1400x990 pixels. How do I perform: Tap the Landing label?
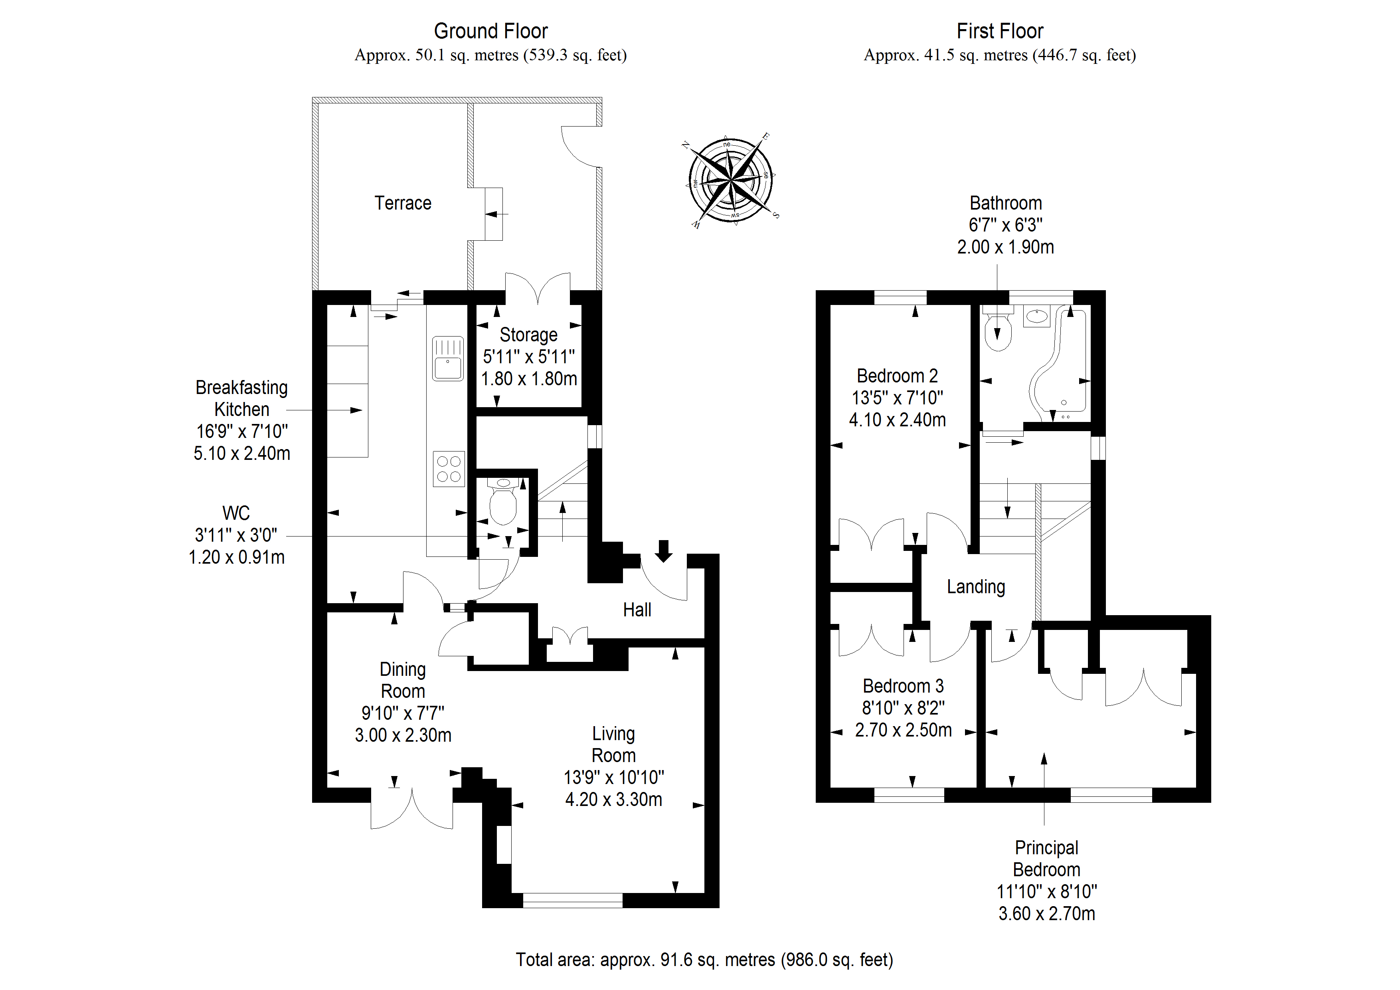976,587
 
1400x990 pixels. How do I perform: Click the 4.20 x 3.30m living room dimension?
613,800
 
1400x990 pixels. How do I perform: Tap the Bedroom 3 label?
903,686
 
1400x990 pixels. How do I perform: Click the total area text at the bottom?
704,960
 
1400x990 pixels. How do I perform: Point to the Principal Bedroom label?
1046,859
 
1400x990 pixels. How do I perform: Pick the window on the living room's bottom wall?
573,900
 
